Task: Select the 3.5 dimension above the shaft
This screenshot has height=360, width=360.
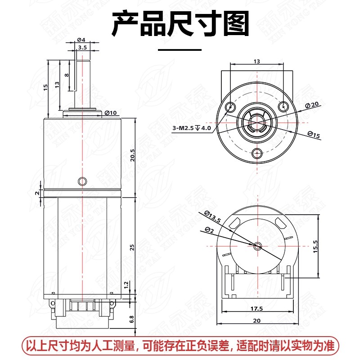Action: (82, 47)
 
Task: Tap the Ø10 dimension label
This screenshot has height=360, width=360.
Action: (110, 112)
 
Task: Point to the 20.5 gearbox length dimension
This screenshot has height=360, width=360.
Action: (132, 155)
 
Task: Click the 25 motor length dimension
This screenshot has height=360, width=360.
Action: (132, 247)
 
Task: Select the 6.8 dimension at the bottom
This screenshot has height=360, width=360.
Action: (132, 319)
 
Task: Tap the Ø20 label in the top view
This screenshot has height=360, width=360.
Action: (311, 104)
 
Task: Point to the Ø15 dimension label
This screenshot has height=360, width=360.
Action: (314, 134)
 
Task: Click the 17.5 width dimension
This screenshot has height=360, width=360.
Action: (256, 309)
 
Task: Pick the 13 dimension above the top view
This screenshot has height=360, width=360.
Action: (256, 61)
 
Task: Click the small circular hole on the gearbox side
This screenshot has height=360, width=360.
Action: (82, 181)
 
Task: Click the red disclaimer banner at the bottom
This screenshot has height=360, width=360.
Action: (180, 346)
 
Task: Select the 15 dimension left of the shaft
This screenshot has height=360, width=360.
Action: (45, 88)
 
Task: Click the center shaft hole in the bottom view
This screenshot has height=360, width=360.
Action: (257, 246)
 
